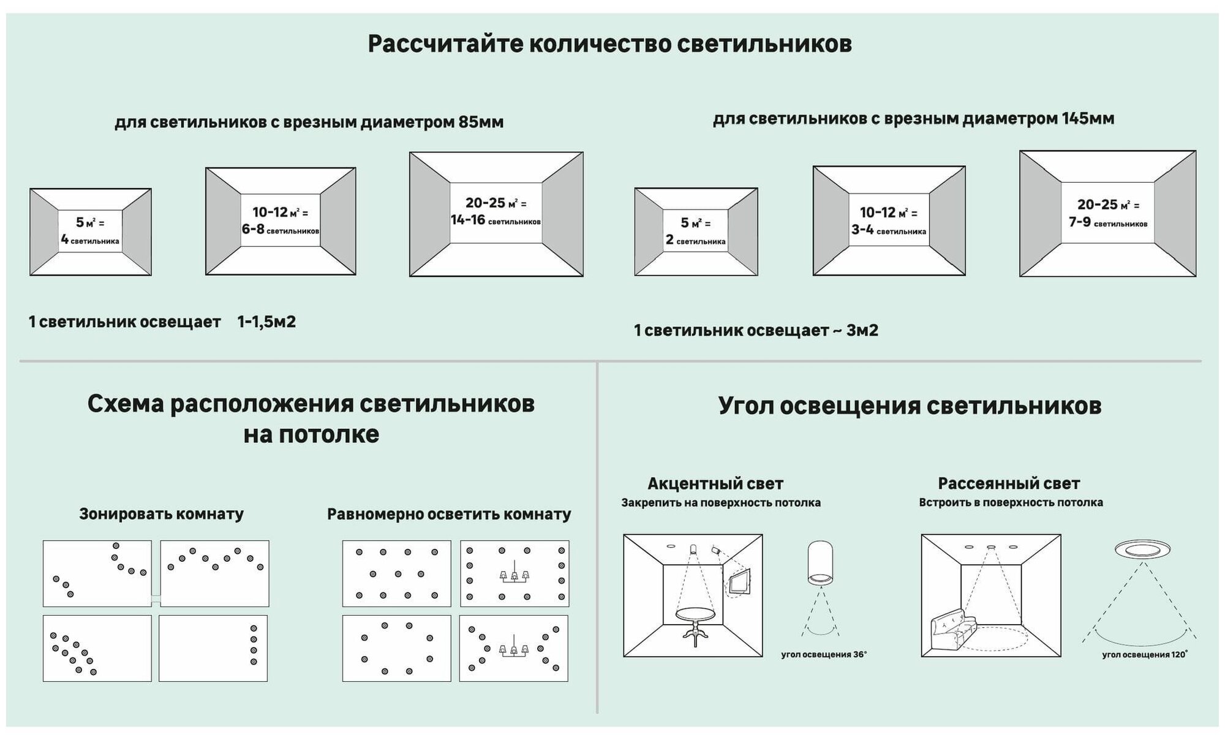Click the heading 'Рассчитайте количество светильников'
point(609,45)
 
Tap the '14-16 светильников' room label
point(496,220)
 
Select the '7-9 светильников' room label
point(1107,222)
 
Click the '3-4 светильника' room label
point(888,230)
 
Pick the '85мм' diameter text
point(481,123)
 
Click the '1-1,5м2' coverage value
point(266,322)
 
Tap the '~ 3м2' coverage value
point(854,331)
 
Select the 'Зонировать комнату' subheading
point(161,514)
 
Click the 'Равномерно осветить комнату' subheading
point(449,514)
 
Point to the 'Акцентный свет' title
point(715,484)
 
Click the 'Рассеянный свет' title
point(1009,483)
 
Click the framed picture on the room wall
point(739,582)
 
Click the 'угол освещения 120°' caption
point(1144,655)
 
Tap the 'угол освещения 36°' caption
point(824,655)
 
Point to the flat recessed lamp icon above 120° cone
point(1144,549)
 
